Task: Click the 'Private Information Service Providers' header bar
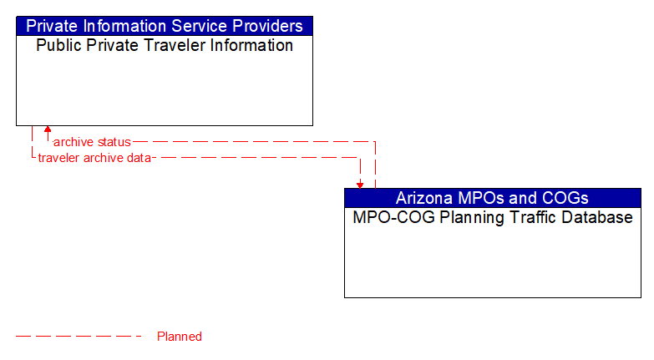(x=165, y=26)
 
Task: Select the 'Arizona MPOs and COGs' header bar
(x=492, y=198)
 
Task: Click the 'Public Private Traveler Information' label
(x=165, y=46)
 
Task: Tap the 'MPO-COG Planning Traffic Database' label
(x=492, y=218)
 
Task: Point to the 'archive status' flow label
(x=92, y=142)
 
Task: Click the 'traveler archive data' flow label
(x=94, y=157)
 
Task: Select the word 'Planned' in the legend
(x=180, y=337)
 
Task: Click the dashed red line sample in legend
(x=79, y=337)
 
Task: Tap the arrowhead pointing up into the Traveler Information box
(x=48, y=130)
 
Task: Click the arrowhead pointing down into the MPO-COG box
(x=360, y=184)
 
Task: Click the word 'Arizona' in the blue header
(x=423, y=198)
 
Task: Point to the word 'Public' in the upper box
(x=56, y=46)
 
